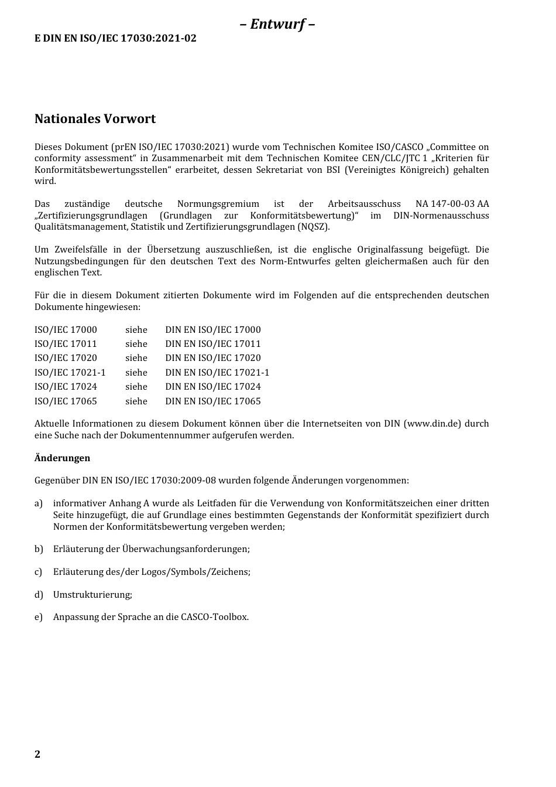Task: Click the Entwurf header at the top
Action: (277, 24)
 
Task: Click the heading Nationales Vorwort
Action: (95, 119)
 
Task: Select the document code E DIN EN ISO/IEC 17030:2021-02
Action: (115, 39)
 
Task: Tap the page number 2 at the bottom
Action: (37, 754)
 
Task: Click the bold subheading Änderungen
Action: (62, 458)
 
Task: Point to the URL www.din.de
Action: (433, 424)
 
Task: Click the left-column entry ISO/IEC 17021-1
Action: (70, 373)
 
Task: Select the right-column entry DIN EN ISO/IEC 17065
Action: (212, 401)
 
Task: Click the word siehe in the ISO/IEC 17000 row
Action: (136, 330)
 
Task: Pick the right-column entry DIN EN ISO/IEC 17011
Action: (212, 344)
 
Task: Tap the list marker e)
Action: (39, 617)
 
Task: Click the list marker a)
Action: (39, 503)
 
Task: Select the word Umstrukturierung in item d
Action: (92, 595)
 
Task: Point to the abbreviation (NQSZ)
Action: (313, 227)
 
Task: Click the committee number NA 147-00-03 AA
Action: (452, 204)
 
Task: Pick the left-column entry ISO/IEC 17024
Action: (66, 387)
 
